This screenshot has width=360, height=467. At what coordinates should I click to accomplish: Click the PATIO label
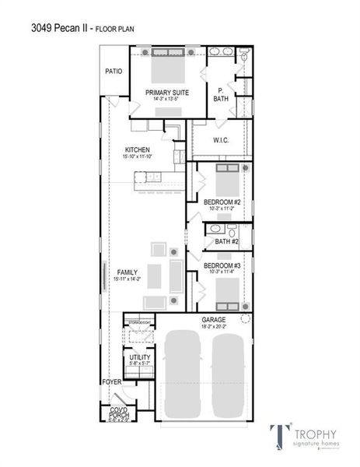[114, 71]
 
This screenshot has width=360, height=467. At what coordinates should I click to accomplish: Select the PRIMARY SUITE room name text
[166, 92]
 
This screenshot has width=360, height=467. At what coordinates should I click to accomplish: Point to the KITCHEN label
[138, 150]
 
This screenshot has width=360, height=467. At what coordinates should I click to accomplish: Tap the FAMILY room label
[126, 272]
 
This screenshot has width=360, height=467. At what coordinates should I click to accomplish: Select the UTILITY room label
[140, 357]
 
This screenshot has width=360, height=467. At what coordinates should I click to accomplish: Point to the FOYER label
[111, 382]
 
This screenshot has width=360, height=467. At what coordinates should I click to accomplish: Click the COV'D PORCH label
[118, 413]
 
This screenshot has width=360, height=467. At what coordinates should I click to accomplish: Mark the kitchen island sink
[145, 176]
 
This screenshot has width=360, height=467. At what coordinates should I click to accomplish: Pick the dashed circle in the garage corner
[246, 319]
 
